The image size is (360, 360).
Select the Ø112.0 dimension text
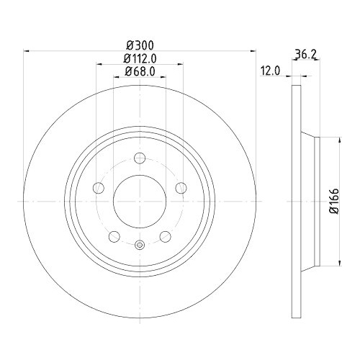pos(140,58)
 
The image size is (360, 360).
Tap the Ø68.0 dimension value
pos(140,71)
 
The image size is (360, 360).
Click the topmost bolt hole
pos(140,158)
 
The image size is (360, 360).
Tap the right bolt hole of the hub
pos(181,189)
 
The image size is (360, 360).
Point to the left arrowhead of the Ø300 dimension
pos(27,50)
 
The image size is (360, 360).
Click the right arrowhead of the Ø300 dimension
pos(253,50)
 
